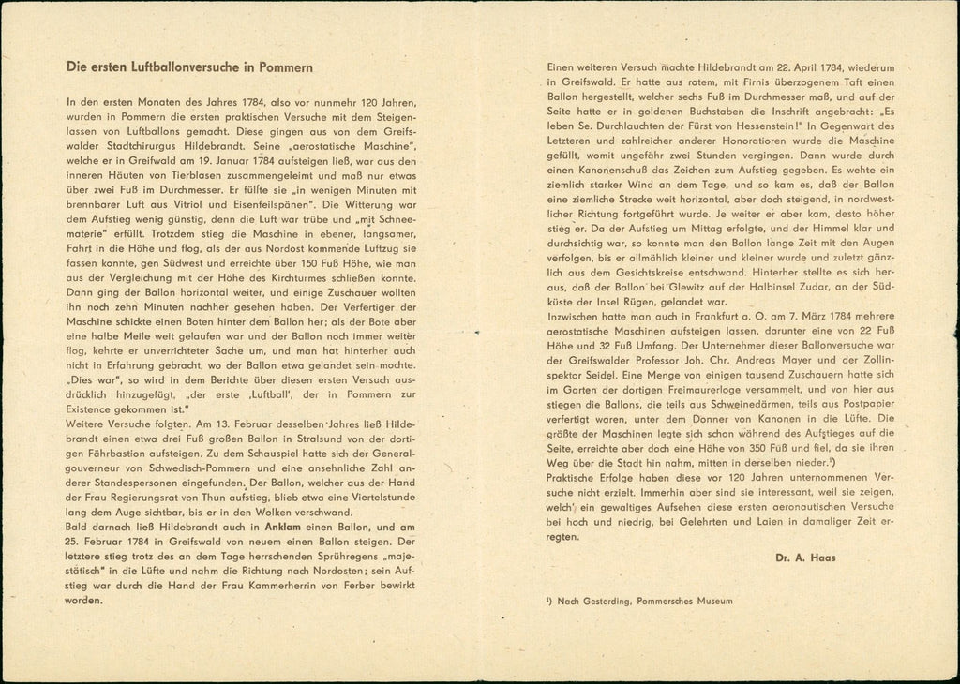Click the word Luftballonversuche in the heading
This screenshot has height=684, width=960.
point(192,67)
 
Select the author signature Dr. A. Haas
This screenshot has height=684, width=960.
point(800,558)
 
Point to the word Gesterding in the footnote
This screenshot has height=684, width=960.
point(607,601)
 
